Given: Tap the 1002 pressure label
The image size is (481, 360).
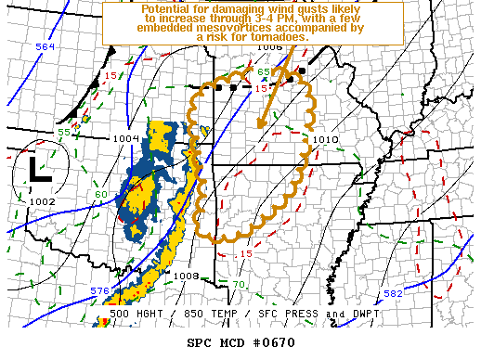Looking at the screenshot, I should (42, 201).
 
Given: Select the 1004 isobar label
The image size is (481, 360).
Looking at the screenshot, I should (126, 138).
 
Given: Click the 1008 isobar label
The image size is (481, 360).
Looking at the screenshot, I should (187, 276).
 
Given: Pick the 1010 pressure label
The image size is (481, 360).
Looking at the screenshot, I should (326, 140).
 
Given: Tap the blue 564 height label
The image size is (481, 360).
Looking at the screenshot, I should (45, 46).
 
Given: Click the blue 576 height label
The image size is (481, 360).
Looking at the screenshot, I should (99, 291).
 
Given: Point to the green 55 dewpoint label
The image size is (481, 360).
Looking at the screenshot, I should (65, 133).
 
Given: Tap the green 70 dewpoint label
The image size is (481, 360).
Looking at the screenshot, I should (239, 284).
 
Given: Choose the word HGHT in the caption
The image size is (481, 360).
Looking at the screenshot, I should (167, 315).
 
